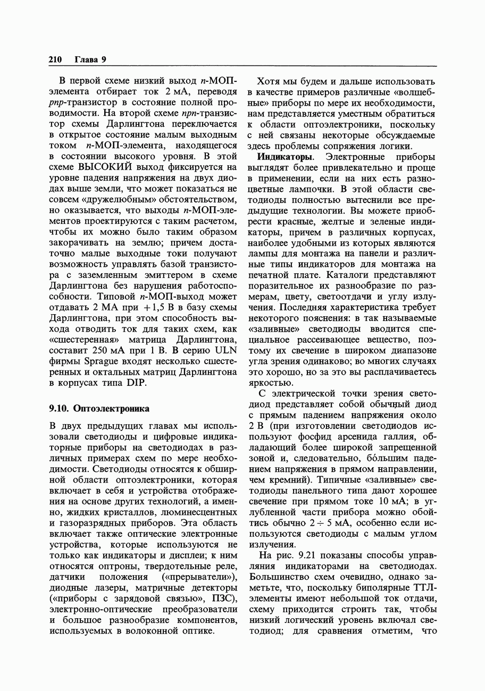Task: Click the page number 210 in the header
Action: coord(55,60)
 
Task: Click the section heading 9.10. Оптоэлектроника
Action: coord(99,409)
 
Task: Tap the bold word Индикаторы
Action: coord(285,157)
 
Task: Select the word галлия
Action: coord(404,437)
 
